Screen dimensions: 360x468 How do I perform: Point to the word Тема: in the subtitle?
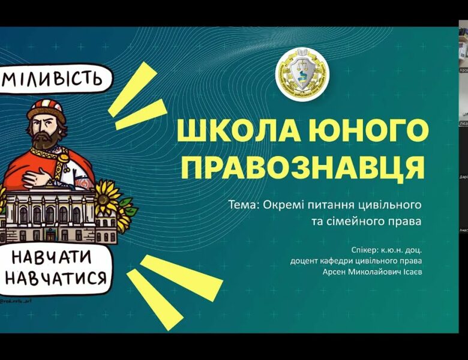click(243, 205)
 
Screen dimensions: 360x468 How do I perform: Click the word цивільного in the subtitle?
click(393, 205)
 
